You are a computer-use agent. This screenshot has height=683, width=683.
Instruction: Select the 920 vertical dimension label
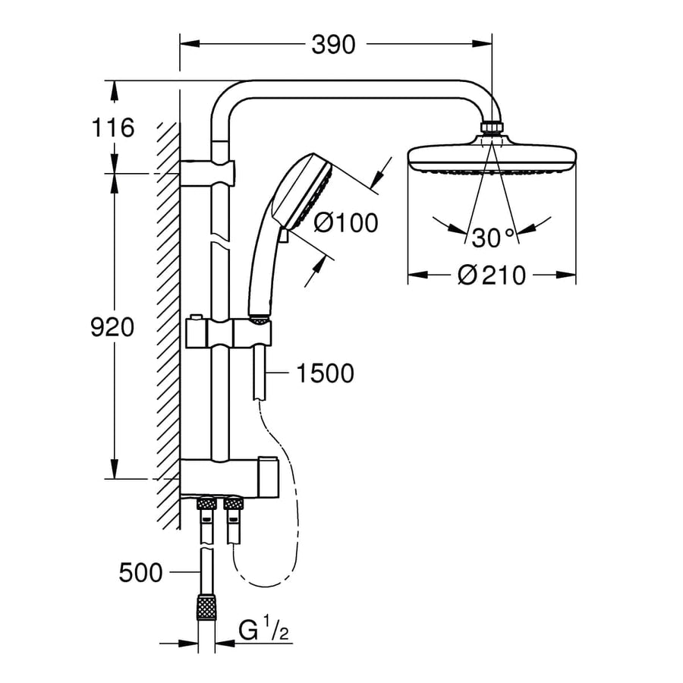(x=112, y=328)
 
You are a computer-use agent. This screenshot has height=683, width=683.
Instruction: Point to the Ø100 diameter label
(x=345, y=222)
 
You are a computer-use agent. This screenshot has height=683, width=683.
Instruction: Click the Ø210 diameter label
(x=492, y=275)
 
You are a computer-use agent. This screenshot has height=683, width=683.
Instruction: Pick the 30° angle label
(x=493, y=238)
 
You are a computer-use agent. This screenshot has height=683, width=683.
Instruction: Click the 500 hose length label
(x=141, y=573)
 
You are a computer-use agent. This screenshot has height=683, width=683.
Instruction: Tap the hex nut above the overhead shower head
(x=492, y=127)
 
